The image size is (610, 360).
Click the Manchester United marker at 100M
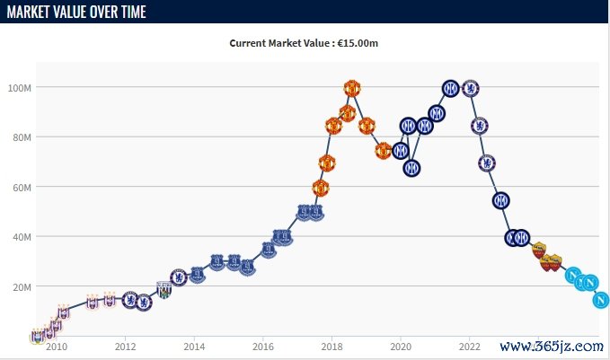352,89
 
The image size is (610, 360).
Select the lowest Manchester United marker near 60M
321,188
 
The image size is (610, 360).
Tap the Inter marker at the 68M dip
411,168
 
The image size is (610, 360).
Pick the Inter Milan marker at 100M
451,89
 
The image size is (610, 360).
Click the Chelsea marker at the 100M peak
470,89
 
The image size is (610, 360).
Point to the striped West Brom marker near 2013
164,290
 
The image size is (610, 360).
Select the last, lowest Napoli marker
601,300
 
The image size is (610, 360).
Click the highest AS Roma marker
538,250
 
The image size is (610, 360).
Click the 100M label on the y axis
20,88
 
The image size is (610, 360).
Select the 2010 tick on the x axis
56,347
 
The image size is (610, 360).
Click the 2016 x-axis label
263,347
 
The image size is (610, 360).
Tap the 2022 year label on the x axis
470,347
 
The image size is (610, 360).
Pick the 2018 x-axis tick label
332,347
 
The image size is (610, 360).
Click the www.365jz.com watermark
550,346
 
